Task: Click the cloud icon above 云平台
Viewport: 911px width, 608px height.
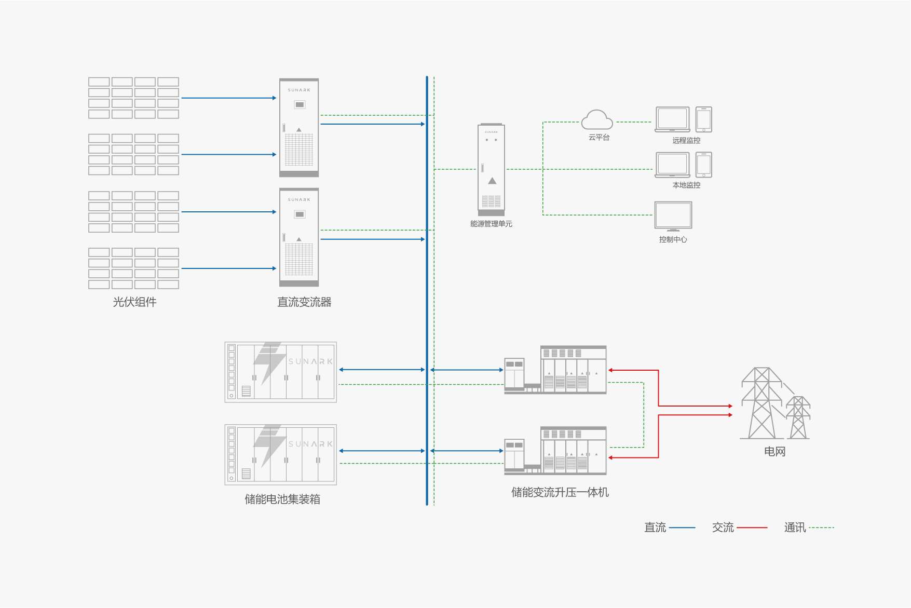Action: click(x=597, y=120)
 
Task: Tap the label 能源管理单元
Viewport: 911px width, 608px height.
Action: click(x=491, y=224)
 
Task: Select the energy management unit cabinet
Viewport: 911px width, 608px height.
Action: click(x=491, y=169)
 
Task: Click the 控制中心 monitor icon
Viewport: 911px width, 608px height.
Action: click(x=673, y=216)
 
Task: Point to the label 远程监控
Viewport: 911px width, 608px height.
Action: click(x=686, y=140)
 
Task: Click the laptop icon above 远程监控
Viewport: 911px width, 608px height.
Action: click(x=673, y=120)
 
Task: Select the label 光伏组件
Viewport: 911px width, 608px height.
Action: click(x=134, y=302)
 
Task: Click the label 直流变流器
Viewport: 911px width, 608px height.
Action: click(x=304, y=302)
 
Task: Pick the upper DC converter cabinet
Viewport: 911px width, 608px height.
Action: click(x=299, y=128)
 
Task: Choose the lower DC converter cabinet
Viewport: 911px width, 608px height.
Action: click(x=299, y=237)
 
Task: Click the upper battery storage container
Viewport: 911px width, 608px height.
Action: click(x=281, y=372)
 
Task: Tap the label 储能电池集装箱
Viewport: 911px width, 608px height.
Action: click(x=282, y=499)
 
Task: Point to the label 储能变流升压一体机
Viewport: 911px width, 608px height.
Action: click(x=560, y=492)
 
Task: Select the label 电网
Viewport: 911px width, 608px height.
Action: click(x=774, y=451)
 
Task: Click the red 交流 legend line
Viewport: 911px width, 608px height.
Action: click(x=752, y=528)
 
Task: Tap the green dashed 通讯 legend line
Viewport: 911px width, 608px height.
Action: click(x=821, y=528)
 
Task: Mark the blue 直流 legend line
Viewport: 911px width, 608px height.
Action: click(x=682, y=528)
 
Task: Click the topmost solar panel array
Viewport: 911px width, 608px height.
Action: click(x=133, y=98)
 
